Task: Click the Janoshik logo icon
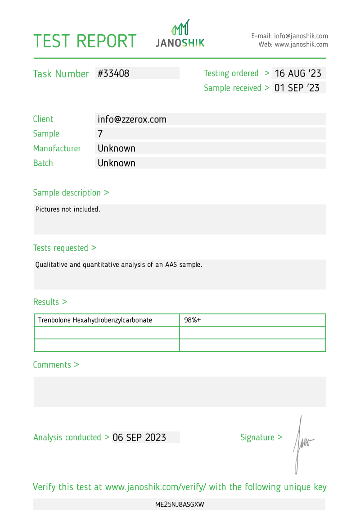180,27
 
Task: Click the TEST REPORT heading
85,41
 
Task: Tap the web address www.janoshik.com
301,45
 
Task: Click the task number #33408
113,73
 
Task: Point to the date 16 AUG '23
297,73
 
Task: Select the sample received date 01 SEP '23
297,88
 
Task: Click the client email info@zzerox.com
132,119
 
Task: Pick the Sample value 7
100,134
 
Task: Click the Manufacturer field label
57,148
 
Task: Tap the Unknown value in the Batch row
117,163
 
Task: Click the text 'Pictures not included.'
67,209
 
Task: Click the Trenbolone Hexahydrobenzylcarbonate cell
95,320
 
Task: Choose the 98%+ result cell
192,320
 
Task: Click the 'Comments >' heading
56,365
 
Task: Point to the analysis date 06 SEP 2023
139,437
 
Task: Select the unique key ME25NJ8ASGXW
180,504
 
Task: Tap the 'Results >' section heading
50,302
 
